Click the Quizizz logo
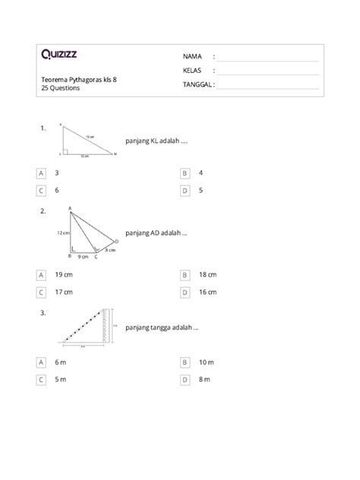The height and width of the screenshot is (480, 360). (58, 54)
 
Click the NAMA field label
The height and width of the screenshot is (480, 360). (192, 57)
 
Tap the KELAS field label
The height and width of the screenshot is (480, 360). (193, 71)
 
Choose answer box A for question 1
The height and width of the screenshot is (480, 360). (41, 173)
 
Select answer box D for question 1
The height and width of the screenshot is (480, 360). (185, 191)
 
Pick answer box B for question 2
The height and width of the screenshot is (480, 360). (185, 274)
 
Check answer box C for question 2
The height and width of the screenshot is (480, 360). (41, 292)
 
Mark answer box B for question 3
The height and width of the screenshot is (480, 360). (185, 362)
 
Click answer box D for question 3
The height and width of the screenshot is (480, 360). (185, 379)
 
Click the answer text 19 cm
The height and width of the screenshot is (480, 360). (64, 274)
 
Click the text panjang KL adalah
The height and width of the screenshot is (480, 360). (156, 141)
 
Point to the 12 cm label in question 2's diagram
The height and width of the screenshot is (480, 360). (62, 232)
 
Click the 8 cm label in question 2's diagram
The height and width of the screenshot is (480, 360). (110, 249)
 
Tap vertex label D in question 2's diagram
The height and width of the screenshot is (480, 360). (117, 241)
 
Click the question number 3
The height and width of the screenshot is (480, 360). (44, 311)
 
